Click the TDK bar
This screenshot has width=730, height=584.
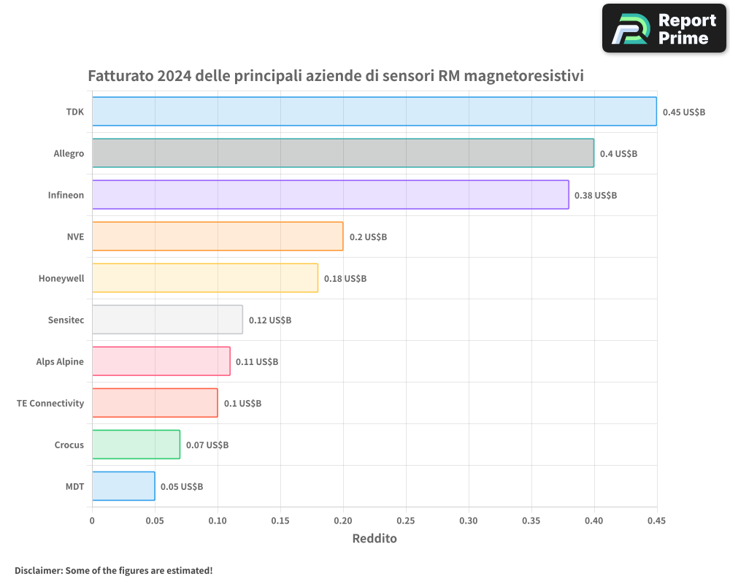coord(374,112)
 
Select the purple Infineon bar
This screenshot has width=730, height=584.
coord(330,195)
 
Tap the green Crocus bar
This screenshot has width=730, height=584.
coord(136,445)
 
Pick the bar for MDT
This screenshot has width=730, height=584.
coord(123,486)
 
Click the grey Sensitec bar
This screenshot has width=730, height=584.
coord(167,320)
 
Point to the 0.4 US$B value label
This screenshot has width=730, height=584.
coord(618,154)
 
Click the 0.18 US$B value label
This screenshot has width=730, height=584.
coord(345,279)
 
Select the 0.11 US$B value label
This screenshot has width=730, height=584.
coord(257,362)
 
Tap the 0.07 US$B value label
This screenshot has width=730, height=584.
coord(207,445)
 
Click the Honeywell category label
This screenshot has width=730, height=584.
coord(61,279)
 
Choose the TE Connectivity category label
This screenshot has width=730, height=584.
coord(50,404)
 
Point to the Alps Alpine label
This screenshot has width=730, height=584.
coord(60,362)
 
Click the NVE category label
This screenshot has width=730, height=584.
coord(75,237)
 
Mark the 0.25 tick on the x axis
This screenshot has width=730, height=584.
coord(406,521)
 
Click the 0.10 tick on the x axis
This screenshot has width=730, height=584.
coord(218,521)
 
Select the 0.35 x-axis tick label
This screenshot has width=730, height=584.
coord(531,521)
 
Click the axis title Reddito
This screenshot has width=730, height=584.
coord(374,539)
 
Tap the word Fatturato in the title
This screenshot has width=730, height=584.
coord(120,76)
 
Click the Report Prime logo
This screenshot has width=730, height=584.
coord(664,28)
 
